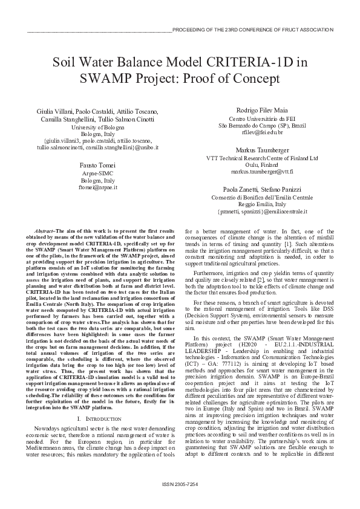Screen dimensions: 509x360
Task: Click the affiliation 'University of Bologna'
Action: point(97,127)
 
